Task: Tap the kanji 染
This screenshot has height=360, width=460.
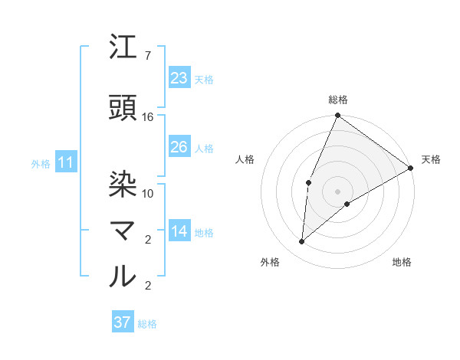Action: (123, 185)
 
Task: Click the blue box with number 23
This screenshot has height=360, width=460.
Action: (179, 78)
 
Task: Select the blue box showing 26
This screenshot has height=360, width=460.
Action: (179, 147)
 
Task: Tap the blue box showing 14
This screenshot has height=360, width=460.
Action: (179, 232)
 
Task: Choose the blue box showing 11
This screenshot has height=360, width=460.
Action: (65, 162)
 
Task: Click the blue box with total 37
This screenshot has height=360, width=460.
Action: (123, 322)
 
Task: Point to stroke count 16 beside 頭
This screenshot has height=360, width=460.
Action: (148, 116)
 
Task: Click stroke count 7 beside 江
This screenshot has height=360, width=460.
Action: (147, 56)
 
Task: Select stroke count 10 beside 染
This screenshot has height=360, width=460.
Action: (148, 193)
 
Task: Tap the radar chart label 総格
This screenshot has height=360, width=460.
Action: (338, 100)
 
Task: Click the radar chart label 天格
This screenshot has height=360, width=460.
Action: (431, 159)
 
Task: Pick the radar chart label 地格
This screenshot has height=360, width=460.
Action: (402, 263)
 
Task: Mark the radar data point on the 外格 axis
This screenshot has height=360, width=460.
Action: (302, 242)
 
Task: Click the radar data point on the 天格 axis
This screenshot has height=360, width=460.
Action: (411, 168)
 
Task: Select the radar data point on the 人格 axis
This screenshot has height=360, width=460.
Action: (308, 182)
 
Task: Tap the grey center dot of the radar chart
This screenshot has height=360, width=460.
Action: (337, 191)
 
